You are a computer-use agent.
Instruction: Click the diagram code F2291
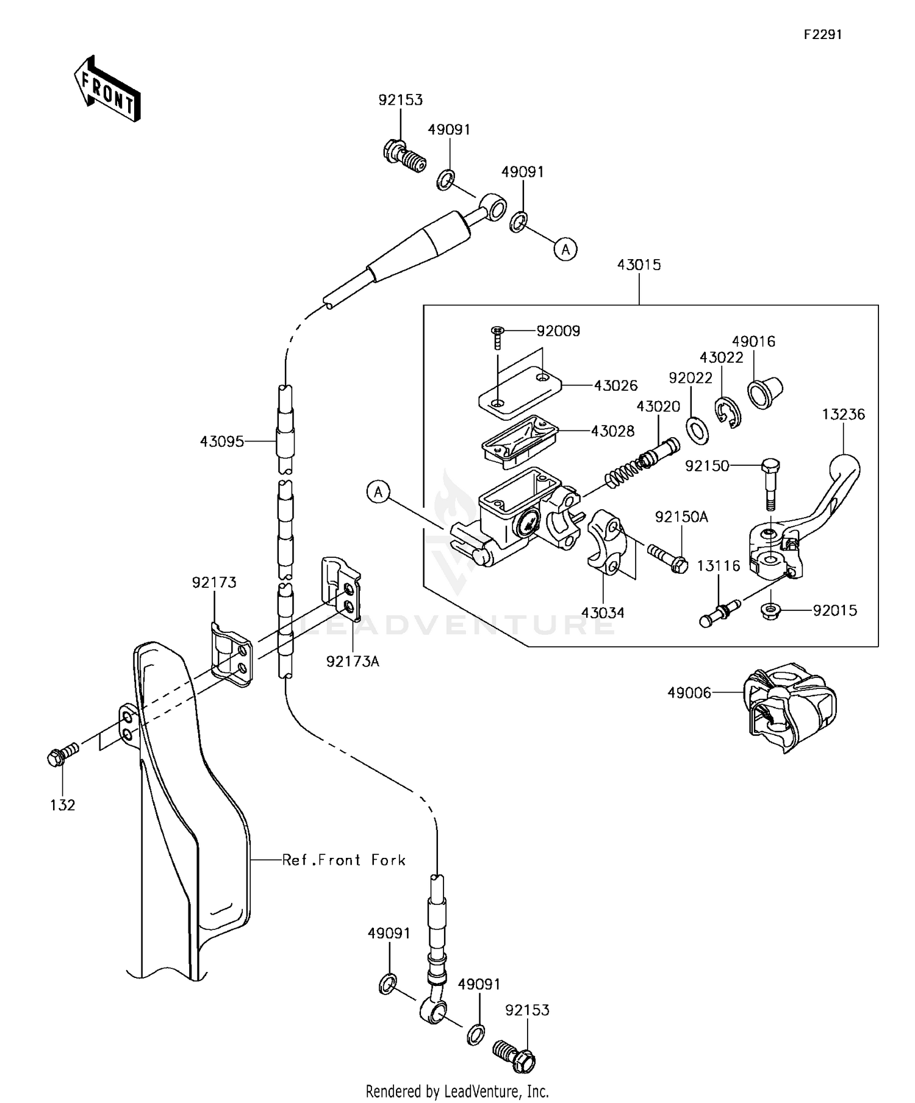[822, 35]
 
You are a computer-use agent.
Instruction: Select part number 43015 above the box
[639, 265]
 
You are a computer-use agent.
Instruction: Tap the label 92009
[558, 331]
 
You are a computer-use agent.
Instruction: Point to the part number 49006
[689, 693]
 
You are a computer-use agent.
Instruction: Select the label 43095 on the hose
[221, 441]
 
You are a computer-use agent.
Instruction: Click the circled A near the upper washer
[565, 249]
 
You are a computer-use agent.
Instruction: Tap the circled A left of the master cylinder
[378, 491]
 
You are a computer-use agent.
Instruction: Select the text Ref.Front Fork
[343, 860]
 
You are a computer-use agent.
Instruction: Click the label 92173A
[353, 662]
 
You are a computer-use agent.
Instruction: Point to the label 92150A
[681, 517]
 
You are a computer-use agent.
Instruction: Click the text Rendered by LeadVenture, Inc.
[457, 1091]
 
